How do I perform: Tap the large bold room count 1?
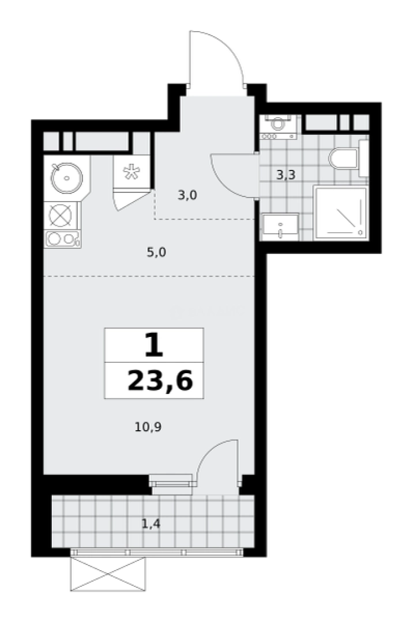pos(153,345)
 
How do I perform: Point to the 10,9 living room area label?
pos(148,427)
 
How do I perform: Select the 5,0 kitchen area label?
pos(156,252)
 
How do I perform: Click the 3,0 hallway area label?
pos(187,195)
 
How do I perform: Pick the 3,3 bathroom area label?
pos(286,175)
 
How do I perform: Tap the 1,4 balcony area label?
pos(151,525)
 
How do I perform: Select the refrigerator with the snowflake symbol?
pos(131,172)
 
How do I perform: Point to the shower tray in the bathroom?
pos(340,213)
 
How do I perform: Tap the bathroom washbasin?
pos(280,226)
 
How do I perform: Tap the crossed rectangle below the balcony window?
pos(107,574)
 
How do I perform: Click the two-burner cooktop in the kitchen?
pos(63,239)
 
